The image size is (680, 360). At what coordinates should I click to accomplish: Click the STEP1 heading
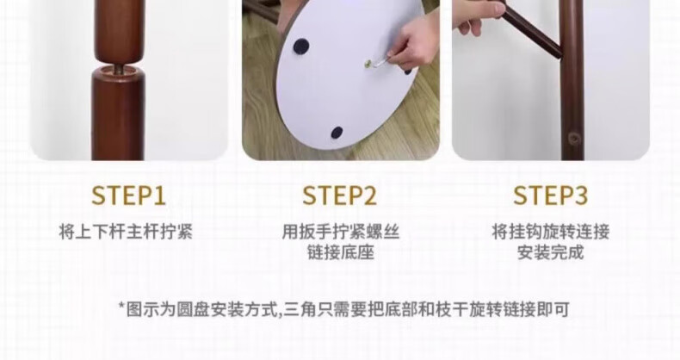click(128, 196)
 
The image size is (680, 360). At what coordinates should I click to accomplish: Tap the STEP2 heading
click(339, 196)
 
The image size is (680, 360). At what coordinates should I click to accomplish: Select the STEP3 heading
click(551, 196)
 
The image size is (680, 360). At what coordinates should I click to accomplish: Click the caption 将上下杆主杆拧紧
click(126, 232)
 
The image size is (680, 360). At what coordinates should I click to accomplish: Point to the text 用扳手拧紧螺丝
click(341, 232)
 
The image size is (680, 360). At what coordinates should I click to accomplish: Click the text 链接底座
click(341, 252)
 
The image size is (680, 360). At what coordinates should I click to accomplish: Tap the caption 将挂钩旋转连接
click(551, 232)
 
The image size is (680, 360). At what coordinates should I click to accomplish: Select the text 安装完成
click(551, 252)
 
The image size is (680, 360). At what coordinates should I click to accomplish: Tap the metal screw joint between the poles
click(119, 69)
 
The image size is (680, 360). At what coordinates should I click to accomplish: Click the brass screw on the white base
click(369, 64)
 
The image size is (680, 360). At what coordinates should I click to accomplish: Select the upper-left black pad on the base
click(301, 46)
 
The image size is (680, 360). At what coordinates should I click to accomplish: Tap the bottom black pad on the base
click(337, 133)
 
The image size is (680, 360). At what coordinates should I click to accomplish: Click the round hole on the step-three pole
click(574, 139)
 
